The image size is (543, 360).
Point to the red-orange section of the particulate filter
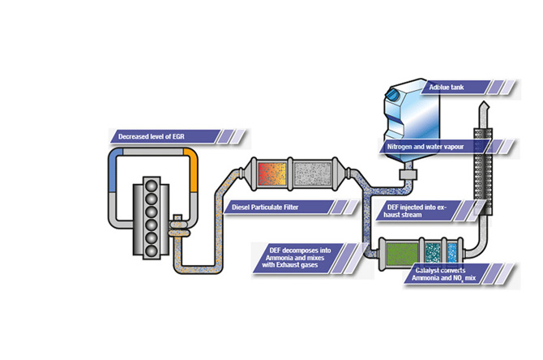click(271, 174)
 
